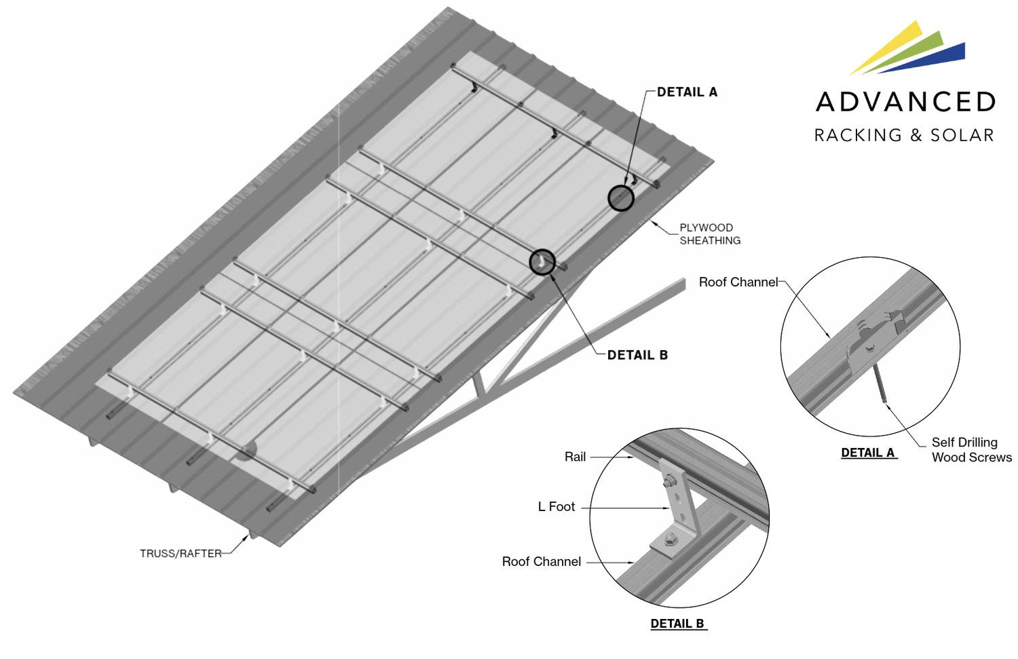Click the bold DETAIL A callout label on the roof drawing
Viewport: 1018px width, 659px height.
click(x=686, y=92)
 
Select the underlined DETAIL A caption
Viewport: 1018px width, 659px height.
click(x=868, y=453)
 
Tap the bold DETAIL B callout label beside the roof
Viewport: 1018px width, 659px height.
click(x=637, y=355)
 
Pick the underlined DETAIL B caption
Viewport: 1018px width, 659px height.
click(x=677, y=624)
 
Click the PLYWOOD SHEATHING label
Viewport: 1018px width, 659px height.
click(x=710, y=234)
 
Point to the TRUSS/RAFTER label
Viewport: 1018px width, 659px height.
click(x=181, y=554)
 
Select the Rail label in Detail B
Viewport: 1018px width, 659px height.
click(x=575, y=457)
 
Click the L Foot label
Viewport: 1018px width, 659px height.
click(x=556, y=507)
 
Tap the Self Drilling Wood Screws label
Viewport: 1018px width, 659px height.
click(x=970, y=450)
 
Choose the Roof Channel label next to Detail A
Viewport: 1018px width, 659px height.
click(x=738, y=282)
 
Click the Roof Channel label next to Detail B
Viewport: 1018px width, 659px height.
click(x=541, y=561)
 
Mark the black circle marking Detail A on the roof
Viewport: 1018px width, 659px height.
click(x=620, y=198)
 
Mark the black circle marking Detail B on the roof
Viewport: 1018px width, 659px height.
click(x=542, y=261)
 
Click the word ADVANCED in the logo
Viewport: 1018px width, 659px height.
click(x=905, y=102)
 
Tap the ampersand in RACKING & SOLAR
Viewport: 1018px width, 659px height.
click(x=916, y=135)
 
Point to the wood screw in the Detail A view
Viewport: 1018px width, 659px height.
click(x=880, y=383)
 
